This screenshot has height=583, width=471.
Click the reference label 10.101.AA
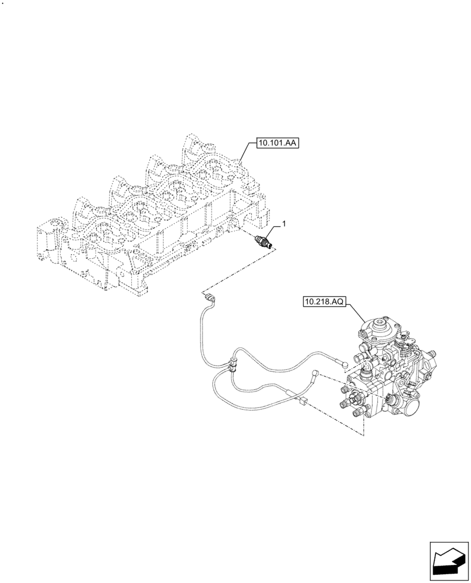[x=276, y=143]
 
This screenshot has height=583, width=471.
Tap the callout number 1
[x=284, y=224]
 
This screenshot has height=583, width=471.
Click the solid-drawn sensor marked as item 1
[x=262, y=241]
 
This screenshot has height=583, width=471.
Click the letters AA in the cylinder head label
[x=289, y=143]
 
